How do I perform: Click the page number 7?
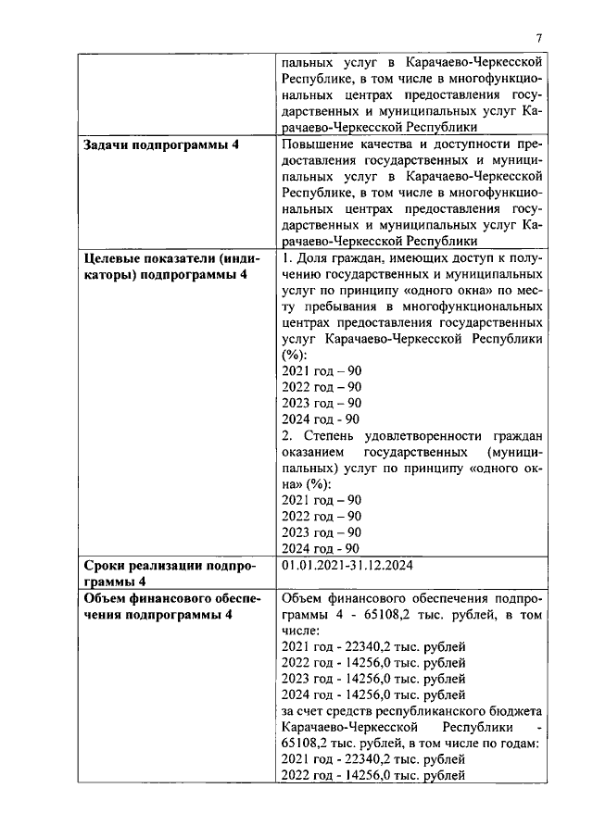tap(537, 37)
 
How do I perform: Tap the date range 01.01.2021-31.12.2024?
tap(345, 564)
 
